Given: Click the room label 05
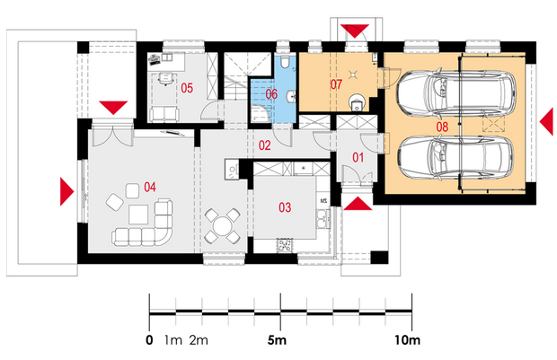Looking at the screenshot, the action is (187, 88).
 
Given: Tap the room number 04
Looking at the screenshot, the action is (149, 187).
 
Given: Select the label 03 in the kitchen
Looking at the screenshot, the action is (285, 207).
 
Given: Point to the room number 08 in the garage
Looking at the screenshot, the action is (442, 127).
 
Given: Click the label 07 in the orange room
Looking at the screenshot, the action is (336, 84).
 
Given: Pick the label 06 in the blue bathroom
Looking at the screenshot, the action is (271, 94).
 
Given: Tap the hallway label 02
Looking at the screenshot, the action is (265, 145).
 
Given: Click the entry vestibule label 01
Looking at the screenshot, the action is (358, 157).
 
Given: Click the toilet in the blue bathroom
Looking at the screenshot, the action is (284, 61).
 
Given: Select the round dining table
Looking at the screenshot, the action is (222, 226).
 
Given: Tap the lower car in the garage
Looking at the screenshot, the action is (455, 157).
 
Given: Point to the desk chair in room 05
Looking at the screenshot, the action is (164, 79).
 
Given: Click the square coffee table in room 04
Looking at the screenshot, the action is (138, 215).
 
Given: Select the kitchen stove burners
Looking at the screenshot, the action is (285, 245).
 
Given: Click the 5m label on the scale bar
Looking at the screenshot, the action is (277, 340).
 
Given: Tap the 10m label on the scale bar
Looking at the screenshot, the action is (407, 340).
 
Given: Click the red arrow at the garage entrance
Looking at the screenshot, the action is (546, 122).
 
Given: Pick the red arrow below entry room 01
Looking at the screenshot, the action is (358, 204).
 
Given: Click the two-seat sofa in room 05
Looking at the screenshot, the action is (164, 114).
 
